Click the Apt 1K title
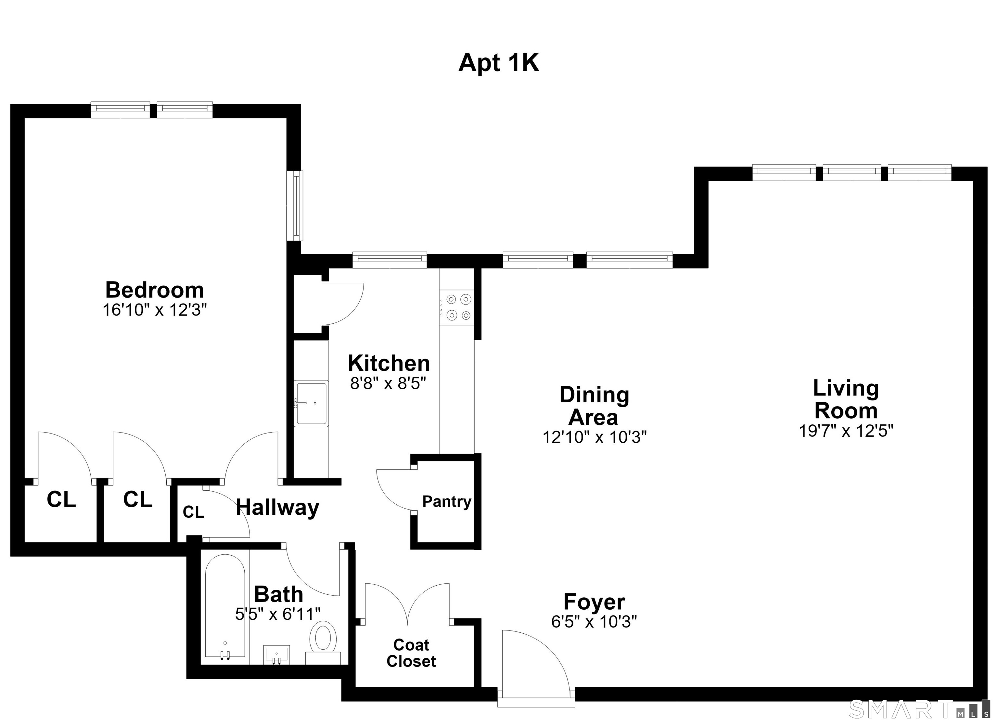[x=499, y=63]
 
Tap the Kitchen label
[x=389, y=363]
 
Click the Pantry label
[x=447, y=501]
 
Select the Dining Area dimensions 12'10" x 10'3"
[x=595, y=437]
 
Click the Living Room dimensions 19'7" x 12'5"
[x=846, y=431]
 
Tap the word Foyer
[x=594, y=602]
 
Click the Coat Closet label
[x=411, y=653]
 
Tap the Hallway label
[x=277, y=508]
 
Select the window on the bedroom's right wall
[x=295, y=206]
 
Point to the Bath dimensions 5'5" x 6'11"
[x=278, y=614]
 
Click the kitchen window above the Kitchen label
[x=390, y=260]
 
